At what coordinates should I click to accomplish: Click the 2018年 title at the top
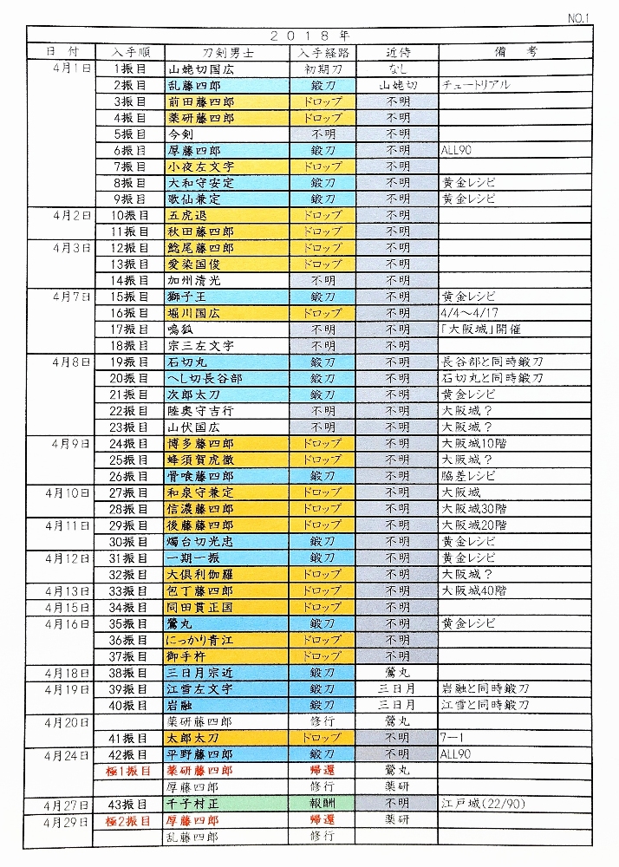(309, 36)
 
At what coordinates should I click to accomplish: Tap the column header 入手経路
(323, 52)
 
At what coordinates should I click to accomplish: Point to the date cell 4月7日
(71, 297)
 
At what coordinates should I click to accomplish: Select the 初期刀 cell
(323, 68)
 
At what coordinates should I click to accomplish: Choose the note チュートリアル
(475, 85)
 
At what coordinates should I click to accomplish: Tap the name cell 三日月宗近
(200, 672)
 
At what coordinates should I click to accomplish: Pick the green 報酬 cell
(323, 804)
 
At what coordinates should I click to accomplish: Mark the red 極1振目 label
(129, 770)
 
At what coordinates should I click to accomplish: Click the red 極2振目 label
(129, 820)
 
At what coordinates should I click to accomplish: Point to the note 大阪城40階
(473, 590)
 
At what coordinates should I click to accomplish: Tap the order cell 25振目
(129, 460)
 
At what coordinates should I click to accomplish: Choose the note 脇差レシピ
(469, 476)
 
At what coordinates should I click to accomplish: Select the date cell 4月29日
(71, 820)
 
